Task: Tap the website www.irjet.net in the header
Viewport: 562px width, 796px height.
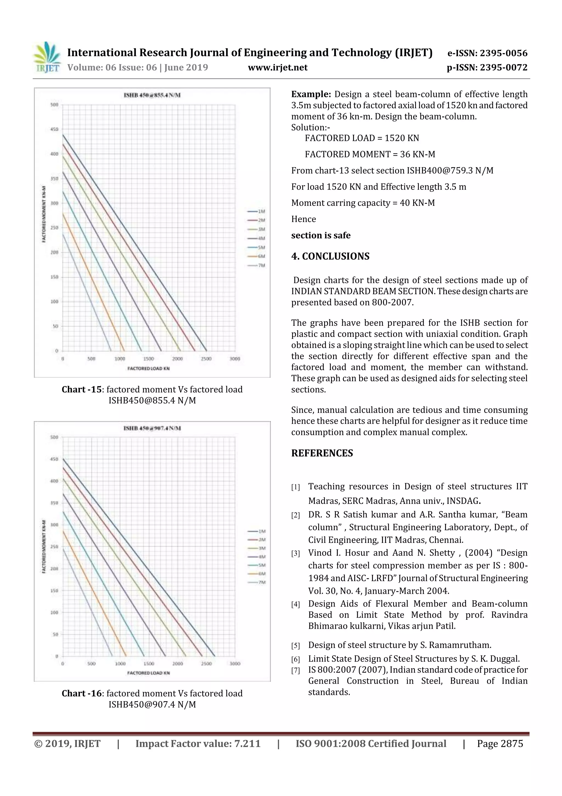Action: pyautogui.click(x=277, y=67)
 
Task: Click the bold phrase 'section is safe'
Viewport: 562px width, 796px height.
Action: pyautogui.click(x=321, y=235)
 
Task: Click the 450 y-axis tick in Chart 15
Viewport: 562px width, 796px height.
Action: pyautogui.click(x=54, y=129)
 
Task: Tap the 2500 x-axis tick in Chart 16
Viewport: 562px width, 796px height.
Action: pyautogui.click(x=206, y=664)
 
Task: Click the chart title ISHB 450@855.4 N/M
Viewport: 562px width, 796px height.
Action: pyautogui.click(x=152, y=95)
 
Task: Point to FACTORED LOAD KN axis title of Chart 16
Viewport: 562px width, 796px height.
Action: pyautogui.click(x=148, y=673)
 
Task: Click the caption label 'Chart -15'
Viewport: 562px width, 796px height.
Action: pyautogui.click(x=82, y=389)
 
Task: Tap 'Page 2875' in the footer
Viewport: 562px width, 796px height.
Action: pyautogui.click(x=500, y=744)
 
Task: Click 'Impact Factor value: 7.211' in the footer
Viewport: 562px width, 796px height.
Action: pyautogui.click(x=198, y=744)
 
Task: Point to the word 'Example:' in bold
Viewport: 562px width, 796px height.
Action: pyautogui.click(x=311, y=94)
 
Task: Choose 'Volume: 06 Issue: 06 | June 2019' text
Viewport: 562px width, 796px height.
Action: pyautogui.click(x=137, y=67)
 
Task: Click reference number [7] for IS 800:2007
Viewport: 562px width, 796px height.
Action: pyautogui.click(x=295, y=670)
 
